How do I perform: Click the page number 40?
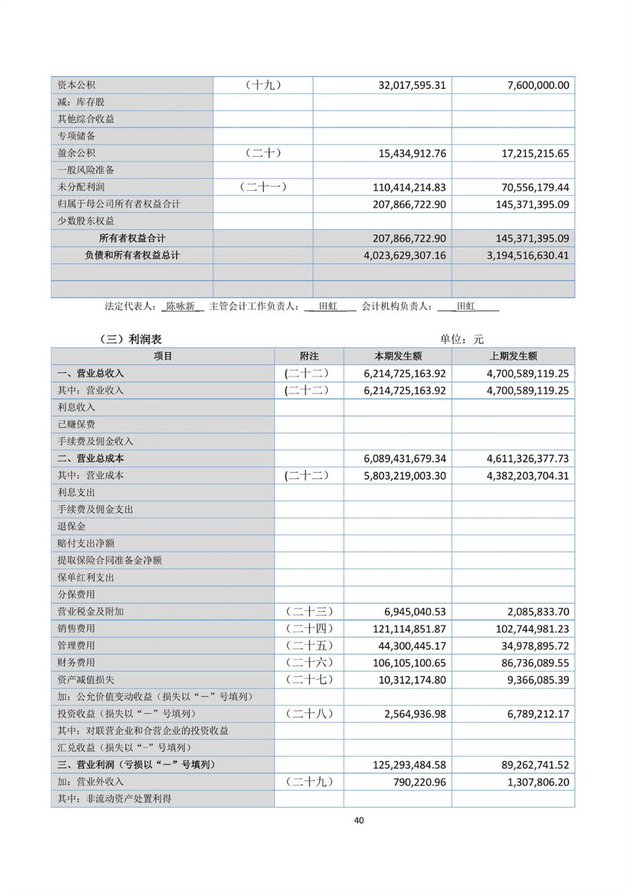coord(359,820)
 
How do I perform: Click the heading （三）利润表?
coord(131,339)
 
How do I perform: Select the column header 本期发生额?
coord(398,356)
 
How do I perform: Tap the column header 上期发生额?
coord(513,356)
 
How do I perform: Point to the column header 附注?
coord(309,356)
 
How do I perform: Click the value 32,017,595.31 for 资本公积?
coord(412,85)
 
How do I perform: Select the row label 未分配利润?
coord(81,187)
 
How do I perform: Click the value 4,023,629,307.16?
coord(405,255)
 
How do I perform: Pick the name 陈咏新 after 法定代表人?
coord(180,306)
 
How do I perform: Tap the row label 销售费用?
coord(76,628)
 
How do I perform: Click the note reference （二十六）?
coord(309,662)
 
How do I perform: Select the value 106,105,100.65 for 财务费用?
coord(409,663)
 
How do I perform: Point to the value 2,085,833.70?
coord(535,612)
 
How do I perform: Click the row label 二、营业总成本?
coord(91,458)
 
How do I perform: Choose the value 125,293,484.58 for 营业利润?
coord(409,765)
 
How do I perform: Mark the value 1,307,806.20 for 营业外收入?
coord(538,782)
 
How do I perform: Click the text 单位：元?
coord(461,339)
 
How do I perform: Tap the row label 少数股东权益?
coord(85,221)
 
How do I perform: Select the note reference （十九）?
coord(263,85)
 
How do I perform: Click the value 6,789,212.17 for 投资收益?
coord(538,714)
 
